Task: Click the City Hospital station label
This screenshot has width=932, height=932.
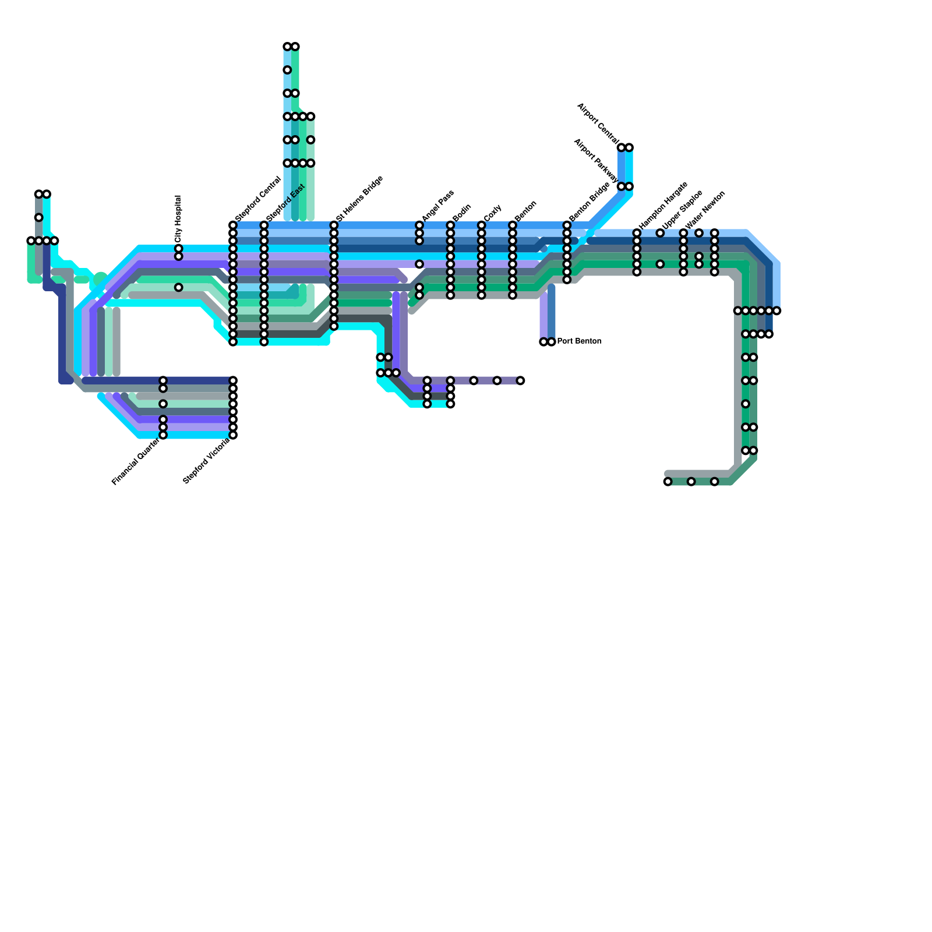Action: [x=178, y=218]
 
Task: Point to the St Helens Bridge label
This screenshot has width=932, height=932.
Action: [x=359, y=199]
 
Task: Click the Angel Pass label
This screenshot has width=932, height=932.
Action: [x=437, y=205]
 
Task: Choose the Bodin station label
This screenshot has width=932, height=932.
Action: [x=461, y=213]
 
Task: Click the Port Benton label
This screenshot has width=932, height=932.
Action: [x=579, y=341]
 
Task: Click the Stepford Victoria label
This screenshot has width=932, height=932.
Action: [x=206, y=461]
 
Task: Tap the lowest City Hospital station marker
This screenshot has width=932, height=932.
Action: [x=178, y=287]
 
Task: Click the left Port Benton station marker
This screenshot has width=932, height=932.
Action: [x=543, y=342]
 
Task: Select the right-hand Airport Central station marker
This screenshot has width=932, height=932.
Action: [x=629, y=147]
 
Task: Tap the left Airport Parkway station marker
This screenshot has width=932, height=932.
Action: [x=621, y=186]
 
